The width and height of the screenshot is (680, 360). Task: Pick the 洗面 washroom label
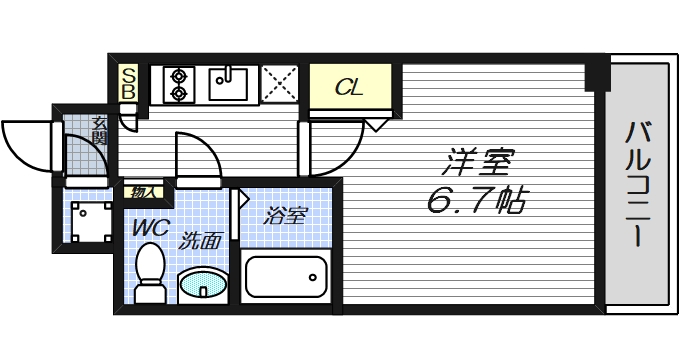199,241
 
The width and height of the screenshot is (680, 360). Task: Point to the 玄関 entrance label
99,132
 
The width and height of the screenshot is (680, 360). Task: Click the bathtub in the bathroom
286,277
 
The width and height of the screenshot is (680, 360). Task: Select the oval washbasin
205,284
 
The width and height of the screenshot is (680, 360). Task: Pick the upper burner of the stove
180,74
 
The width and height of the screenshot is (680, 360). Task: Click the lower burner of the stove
180,93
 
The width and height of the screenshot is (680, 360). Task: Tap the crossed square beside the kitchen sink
277,84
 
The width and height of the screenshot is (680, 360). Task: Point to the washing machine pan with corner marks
89,220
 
